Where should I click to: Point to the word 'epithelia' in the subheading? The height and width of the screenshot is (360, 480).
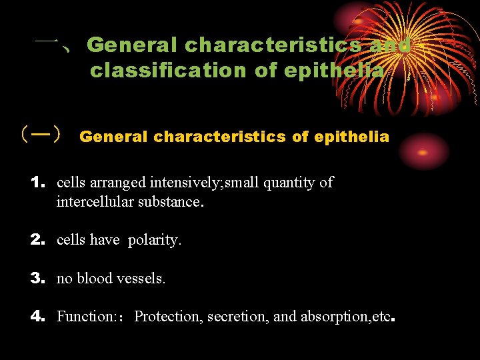(351, 137)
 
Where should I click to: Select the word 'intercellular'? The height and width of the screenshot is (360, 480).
(97, 201)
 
